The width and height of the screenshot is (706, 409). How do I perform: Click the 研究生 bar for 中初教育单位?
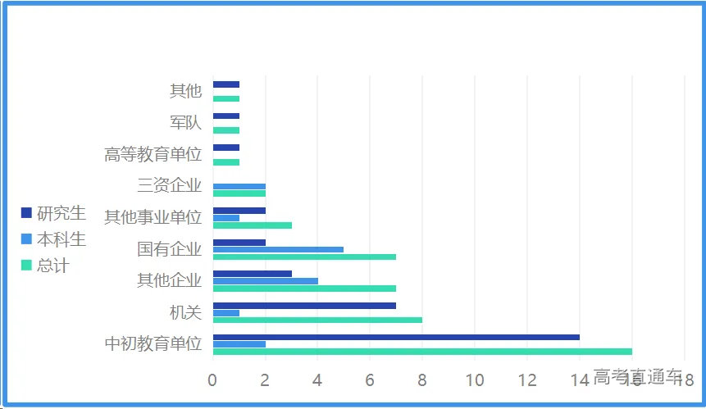[x=396, y=337]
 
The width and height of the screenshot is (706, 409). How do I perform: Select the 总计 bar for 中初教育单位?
[x=422, y=352]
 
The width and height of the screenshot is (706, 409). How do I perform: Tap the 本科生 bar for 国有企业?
[x=278, y=249]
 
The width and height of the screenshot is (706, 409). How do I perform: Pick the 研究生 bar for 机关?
[x=304, y=306]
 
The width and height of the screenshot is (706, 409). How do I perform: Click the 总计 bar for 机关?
[x=317, y=320]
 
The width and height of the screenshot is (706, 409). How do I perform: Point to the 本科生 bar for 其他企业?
[x=265, y=281]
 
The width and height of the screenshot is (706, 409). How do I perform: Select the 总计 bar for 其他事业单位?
[x=252, y=225]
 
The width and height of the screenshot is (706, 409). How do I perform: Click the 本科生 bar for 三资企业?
[x=239, y=187]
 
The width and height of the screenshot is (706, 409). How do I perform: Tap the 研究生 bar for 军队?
[x=225, y=116]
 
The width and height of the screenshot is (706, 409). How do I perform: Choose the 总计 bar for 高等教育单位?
[x=225, y=162]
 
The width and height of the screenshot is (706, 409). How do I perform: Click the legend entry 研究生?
[x=54, y=213]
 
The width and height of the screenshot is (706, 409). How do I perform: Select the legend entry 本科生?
[x=54, y=239]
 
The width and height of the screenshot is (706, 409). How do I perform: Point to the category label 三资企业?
[x=169, y=185]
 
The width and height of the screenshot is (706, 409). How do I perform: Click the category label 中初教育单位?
[x=153, y=343]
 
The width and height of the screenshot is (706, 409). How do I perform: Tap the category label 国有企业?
[x=169, y=248]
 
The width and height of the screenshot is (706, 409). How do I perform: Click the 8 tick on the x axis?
[x=422, y=379]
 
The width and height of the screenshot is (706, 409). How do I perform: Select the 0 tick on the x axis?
[x=212, y=379]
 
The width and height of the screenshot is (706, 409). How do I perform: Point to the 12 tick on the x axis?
[x=527, y=379]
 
